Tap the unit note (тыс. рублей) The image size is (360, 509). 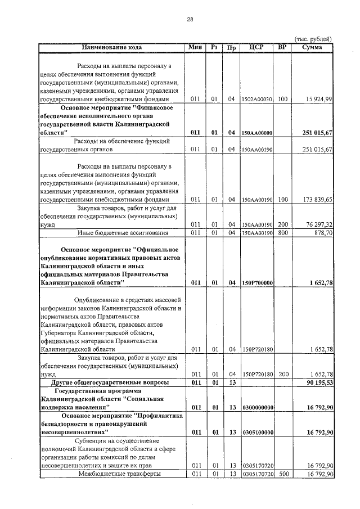(x=313, y=39)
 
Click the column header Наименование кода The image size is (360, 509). (x=112, y=47)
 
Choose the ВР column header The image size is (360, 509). (x=282, y=47)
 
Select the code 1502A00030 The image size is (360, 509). (x=256, y=100)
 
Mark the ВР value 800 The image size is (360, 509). (x=282, y=233)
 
